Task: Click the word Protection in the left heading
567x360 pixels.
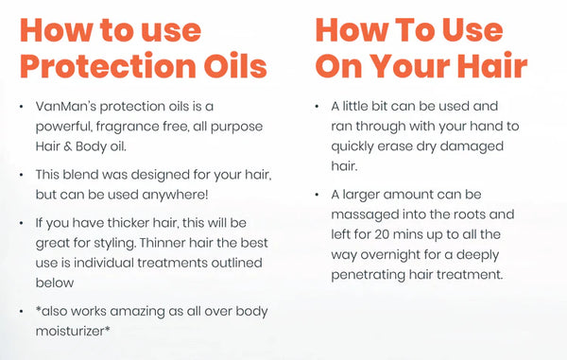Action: (x=99, y=68)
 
